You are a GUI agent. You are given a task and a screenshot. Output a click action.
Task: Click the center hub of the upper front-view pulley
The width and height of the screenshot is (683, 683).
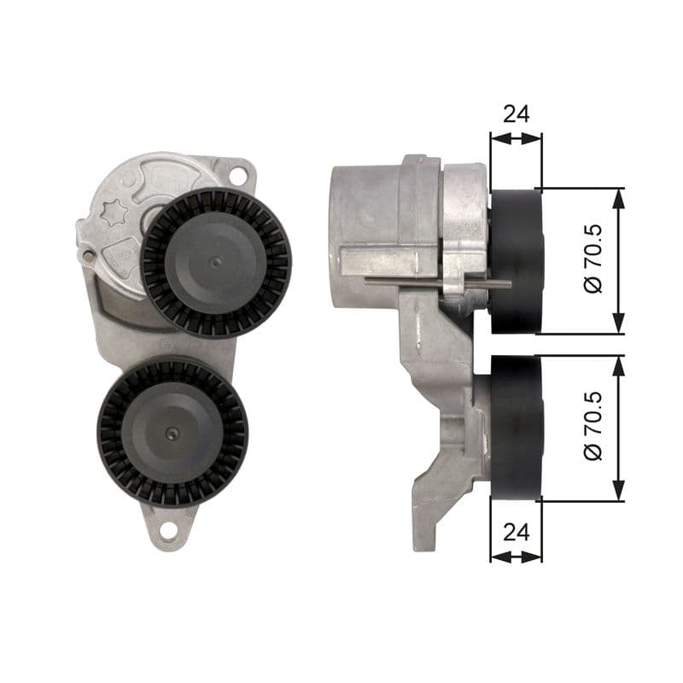pyautogui.click(x=215, y=262)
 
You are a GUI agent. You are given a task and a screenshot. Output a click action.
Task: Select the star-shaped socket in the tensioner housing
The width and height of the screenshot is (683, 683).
pyautogui.click(x=114, y=213)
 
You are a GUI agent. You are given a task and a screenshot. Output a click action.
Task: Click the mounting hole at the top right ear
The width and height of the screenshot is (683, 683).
pyautogui.click(x=238, y=176)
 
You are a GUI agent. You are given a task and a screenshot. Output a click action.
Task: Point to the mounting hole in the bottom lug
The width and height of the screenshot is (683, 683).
pyautogui.click(x=168, y=530)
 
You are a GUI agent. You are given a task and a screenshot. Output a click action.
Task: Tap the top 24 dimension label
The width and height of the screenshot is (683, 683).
pyautogui.click(x=516, y=114)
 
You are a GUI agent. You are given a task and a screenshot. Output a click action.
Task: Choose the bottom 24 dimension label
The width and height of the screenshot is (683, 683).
pyautogui.click(x=516, y=532)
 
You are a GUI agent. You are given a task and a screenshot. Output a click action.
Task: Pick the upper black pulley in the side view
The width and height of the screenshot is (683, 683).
pyautogui.click(x=517, y=260)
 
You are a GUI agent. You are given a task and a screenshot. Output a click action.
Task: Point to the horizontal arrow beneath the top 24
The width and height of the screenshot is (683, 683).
pyautogui.click(x=516, y=136)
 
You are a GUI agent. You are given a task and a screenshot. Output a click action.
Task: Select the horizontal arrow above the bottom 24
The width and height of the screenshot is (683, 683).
pyautogui.click(x=516, y=555)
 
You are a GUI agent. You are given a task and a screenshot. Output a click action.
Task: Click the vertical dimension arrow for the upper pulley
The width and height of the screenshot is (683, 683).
pyautogui.click(x=619, y=260)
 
